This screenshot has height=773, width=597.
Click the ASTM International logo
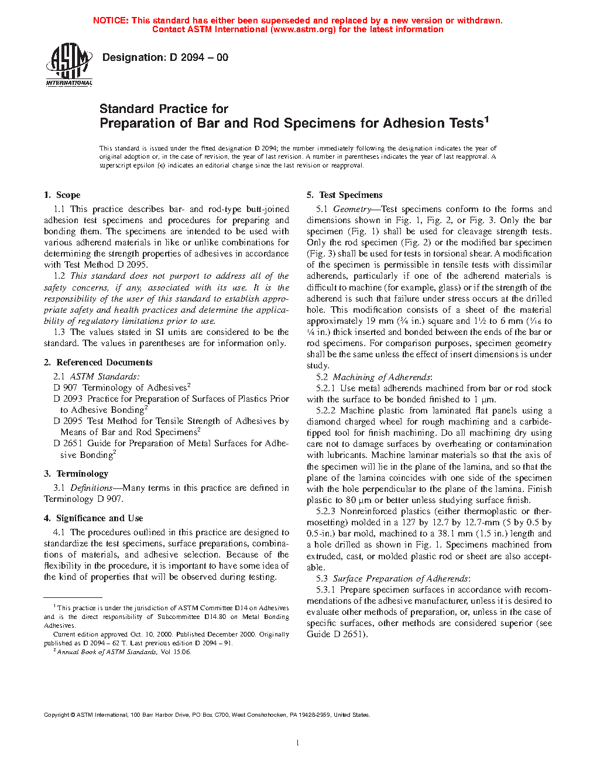69,64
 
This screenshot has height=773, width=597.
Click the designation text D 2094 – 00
165,57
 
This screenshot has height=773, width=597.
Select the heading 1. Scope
62,195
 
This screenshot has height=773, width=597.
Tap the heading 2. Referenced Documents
98,362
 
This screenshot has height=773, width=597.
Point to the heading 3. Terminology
76,474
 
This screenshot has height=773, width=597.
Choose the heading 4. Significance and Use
93,518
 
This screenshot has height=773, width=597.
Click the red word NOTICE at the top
111,20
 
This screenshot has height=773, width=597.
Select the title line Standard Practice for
164,109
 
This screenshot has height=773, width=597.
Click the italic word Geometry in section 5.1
352,209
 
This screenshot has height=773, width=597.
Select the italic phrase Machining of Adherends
382,377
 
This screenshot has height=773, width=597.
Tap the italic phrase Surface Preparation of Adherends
401,579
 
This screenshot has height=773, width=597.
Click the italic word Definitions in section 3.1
91,488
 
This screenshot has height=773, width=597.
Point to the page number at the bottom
298,743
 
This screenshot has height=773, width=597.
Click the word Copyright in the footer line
56,714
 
